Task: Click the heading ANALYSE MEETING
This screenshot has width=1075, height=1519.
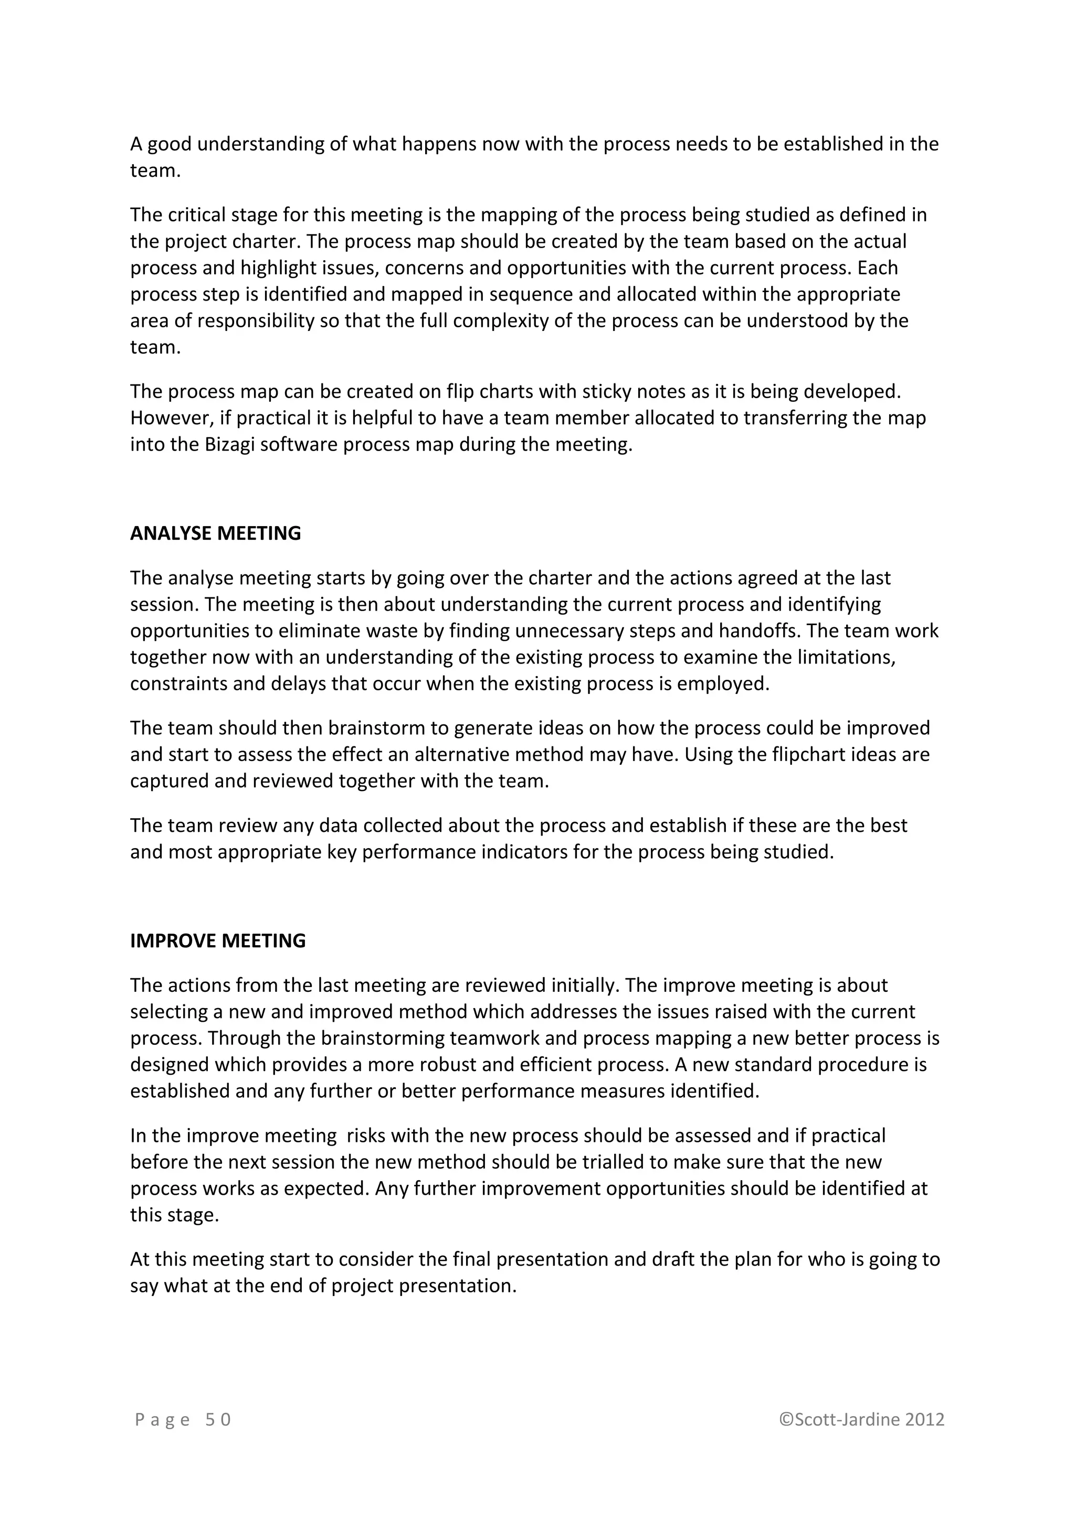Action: tap(215, 533)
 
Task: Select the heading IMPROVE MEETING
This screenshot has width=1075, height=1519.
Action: tap(218, 941)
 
